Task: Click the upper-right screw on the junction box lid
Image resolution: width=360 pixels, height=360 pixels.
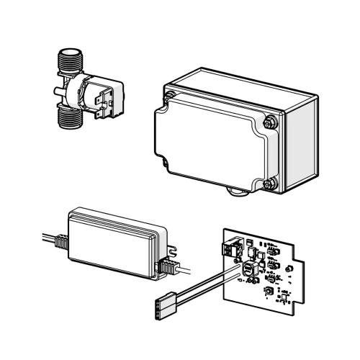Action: click(x=270, y=120)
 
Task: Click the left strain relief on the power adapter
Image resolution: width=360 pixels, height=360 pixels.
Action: click(x=61, y=242)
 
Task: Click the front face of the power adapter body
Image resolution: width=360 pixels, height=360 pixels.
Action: click(x=112, y=249)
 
